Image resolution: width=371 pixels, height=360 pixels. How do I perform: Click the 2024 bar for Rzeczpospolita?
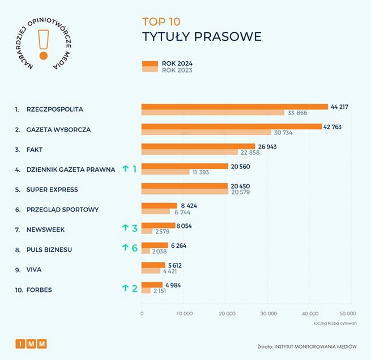pyautogui.click(x=234, y=107)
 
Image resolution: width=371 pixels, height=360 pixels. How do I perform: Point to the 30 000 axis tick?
pyautogui.click(x=267, y=313)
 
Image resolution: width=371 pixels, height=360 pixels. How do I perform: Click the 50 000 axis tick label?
pyautogui.click(x=347, y=313)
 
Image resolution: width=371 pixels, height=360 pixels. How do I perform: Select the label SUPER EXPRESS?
pyautogui.click(x=52, y=189)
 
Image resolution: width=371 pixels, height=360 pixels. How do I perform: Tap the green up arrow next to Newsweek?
pyautogui.click(x=125, y=228)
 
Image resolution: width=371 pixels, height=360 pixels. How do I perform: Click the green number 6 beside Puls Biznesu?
pyautogui.click(x=135, y=248)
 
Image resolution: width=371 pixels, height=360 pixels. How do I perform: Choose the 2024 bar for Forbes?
pyautogui.click(x=152, y=285)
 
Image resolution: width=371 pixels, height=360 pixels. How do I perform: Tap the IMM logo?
pyautogui.click(x=31, y=344)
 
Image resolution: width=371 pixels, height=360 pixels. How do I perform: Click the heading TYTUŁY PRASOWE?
pyautogui.click(x=201, y=37)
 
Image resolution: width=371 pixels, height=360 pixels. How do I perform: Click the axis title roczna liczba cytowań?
pyautogui.click(x=335, y=323)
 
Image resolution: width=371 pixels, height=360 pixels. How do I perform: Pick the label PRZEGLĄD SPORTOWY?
pyautogui.click(x=62, y=209)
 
